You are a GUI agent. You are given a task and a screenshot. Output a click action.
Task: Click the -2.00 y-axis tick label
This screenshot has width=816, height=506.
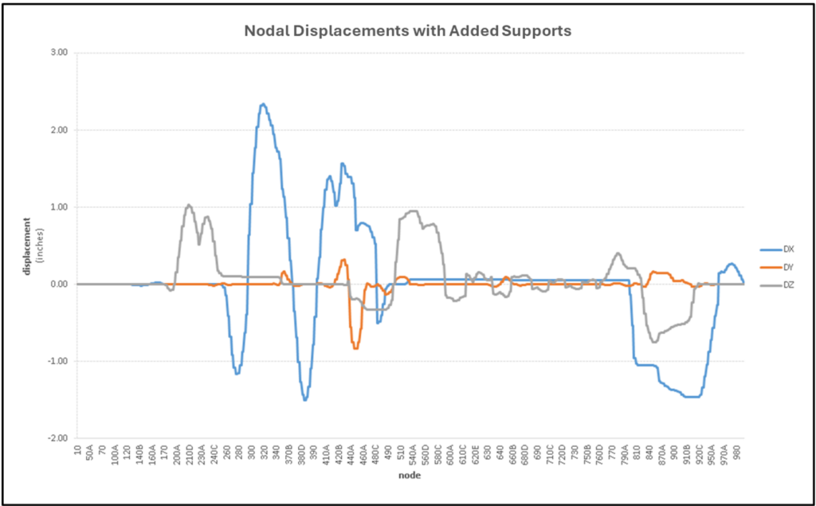[57, 438]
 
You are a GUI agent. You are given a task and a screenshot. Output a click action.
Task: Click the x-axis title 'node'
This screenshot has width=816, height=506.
[410, 476]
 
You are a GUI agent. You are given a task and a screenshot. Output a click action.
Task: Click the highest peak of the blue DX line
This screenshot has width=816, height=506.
[263, 104]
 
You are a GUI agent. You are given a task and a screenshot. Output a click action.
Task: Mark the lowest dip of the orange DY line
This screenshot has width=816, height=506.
[355, 348]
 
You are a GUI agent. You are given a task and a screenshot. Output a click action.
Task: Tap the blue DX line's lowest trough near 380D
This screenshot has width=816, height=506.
[305, 399]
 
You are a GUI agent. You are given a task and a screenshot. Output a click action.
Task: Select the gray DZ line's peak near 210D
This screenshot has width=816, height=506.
[189, 205]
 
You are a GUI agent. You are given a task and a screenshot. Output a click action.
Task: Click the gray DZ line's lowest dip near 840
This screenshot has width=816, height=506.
[654, 342]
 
